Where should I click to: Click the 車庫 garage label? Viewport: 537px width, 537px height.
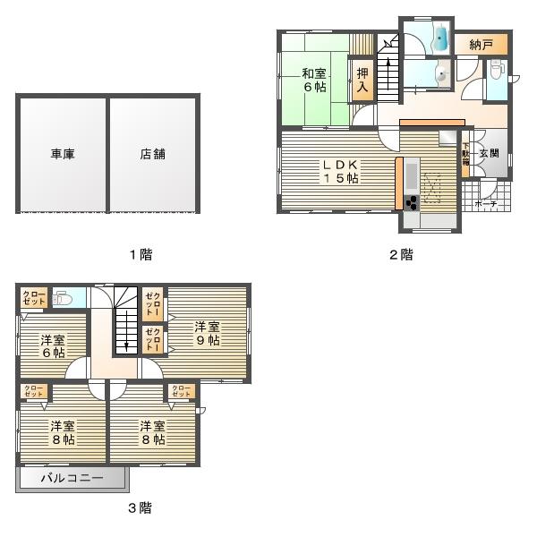pos(63,154)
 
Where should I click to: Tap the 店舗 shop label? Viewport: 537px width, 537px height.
pos(152,154)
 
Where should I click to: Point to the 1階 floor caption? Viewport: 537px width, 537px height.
pos(140,254)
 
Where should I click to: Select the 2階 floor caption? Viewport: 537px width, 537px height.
pos(400,254)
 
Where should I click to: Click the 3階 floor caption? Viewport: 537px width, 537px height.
pos(139,508)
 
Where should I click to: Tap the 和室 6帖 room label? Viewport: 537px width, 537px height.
pos(312,81)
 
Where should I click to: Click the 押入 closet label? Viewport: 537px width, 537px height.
pos(362,81)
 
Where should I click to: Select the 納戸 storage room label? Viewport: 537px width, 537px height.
pos(481,43)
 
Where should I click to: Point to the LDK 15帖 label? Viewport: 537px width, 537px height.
pos(339,171)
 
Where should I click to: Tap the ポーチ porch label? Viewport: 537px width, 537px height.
pos(485,204)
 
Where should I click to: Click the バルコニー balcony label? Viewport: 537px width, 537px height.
pos(72,479)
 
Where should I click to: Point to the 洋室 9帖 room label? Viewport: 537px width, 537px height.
pos(208,334)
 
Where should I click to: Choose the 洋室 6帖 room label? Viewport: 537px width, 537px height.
pos(53,346)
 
